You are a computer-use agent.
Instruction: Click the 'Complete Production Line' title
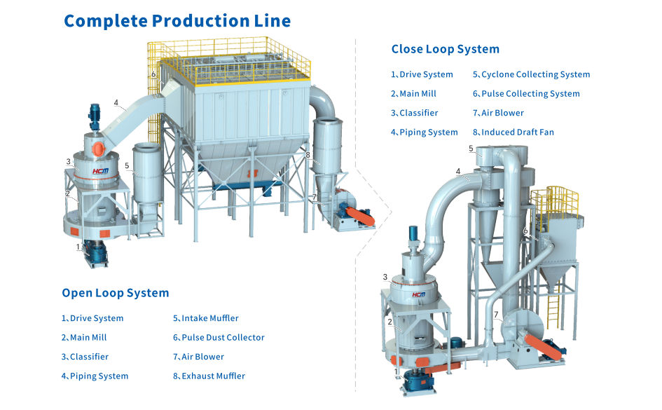pyautogui.click(x=177, y=20)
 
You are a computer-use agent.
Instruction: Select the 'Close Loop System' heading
pyautogui.click(x=445, y=49)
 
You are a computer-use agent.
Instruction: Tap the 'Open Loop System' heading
pyautogui.click(x=115, y=293)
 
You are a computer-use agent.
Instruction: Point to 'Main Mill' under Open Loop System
pyautogui.click(x=84, y=338)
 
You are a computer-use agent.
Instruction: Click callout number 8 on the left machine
pyautogui.click(x=308, y=155)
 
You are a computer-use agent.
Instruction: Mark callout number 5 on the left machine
pyautogui.click(x=127, y=166)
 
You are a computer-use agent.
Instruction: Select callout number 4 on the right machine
pyautogui.click(x=458, y=171)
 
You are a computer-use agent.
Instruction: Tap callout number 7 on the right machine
pyautogui.click(x=495, y=314)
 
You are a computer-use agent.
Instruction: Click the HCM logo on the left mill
pyautogui.click(x=102, y=170)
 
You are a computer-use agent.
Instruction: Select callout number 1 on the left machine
pyautogui.click(x=78, y=246)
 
